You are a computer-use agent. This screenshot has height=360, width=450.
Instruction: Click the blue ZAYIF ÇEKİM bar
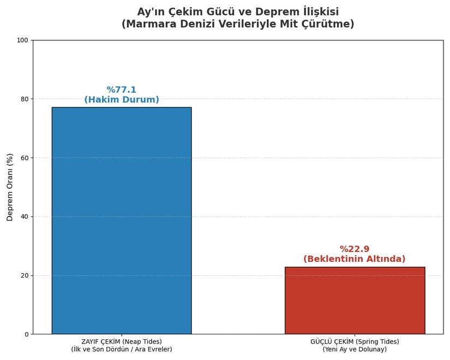121,220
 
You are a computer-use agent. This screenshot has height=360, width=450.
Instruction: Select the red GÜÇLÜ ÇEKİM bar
355,301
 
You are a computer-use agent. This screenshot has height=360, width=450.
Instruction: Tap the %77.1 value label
121,90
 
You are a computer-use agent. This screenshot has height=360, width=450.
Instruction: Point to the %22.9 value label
355,249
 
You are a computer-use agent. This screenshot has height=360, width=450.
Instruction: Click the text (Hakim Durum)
121,100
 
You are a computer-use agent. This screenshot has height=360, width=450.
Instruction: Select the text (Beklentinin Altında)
355,259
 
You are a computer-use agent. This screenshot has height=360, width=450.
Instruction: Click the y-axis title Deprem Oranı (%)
10,187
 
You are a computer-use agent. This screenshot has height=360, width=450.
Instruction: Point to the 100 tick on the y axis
22,40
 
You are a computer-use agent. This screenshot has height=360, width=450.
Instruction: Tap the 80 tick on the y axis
24,99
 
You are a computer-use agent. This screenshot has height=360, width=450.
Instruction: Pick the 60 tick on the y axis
24,158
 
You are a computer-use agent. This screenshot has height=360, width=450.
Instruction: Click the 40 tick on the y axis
24,217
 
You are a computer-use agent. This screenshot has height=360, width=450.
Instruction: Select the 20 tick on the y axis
24,275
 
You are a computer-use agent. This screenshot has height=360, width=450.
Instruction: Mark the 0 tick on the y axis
26,334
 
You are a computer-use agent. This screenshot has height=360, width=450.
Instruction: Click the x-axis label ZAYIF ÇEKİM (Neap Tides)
121,342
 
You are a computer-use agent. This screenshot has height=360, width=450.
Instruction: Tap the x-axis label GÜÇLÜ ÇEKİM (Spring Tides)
355,342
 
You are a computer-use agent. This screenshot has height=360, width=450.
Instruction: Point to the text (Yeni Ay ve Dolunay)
355,350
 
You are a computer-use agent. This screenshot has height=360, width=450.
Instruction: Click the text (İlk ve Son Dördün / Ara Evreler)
121,350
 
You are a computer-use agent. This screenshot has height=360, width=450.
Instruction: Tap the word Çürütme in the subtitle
331,25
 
